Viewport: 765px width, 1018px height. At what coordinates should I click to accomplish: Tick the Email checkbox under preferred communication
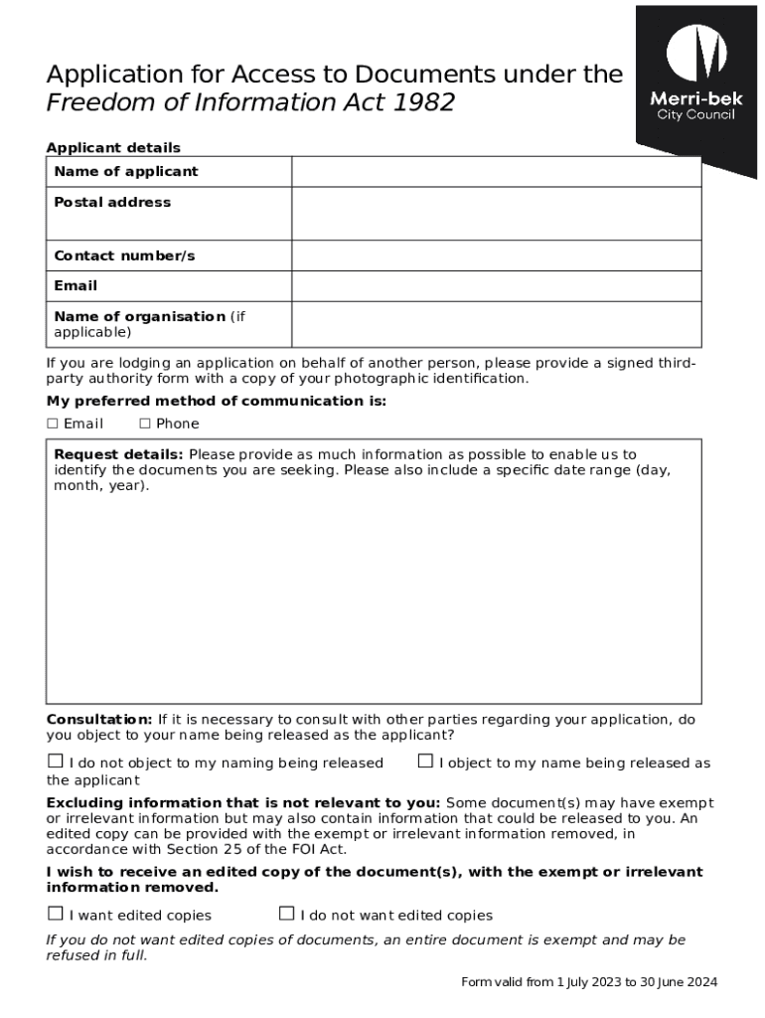point(53,424)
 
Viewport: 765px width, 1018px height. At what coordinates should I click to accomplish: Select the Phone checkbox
point(145,424)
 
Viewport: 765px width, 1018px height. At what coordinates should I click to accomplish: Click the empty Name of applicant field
point(496,172)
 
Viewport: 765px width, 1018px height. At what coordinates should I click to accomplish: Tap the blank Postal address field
point(496,214)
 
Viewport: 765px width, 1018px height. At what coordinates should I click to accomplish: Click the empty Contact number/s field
point(496,256)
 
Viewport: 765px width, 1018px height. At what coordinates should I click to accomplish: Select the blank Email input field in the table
point(496,286)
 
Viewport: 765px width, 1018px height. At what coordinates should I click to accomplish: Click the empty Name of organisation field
point(496,324)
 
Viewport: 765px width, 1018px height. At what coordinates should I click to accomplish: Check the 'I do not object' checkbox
point(56,762)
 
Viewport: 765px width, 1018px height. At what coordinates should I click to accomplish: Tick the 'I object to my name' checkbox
point(425,762)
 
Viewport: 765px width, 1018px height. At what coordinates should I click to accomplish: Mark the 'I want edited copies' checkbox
point(56,914)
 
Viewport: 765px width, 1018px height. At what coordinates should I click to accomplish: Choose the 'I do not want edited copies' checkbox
point(286,914)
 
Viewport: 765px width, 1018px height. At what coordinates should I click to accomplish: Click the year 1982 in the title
point(422,102)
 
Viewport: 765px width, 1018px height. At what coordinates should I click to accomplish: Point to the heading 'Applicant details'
point(113,148)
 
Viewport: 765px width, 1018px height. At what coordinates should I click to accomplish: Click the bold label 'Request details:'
point(118,455)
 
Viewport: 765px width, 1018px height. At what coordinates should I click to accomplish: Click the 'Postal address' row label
point(112,203)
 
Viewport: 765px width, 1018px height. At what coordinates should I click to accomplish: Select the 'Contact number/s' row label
point(124,256)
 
